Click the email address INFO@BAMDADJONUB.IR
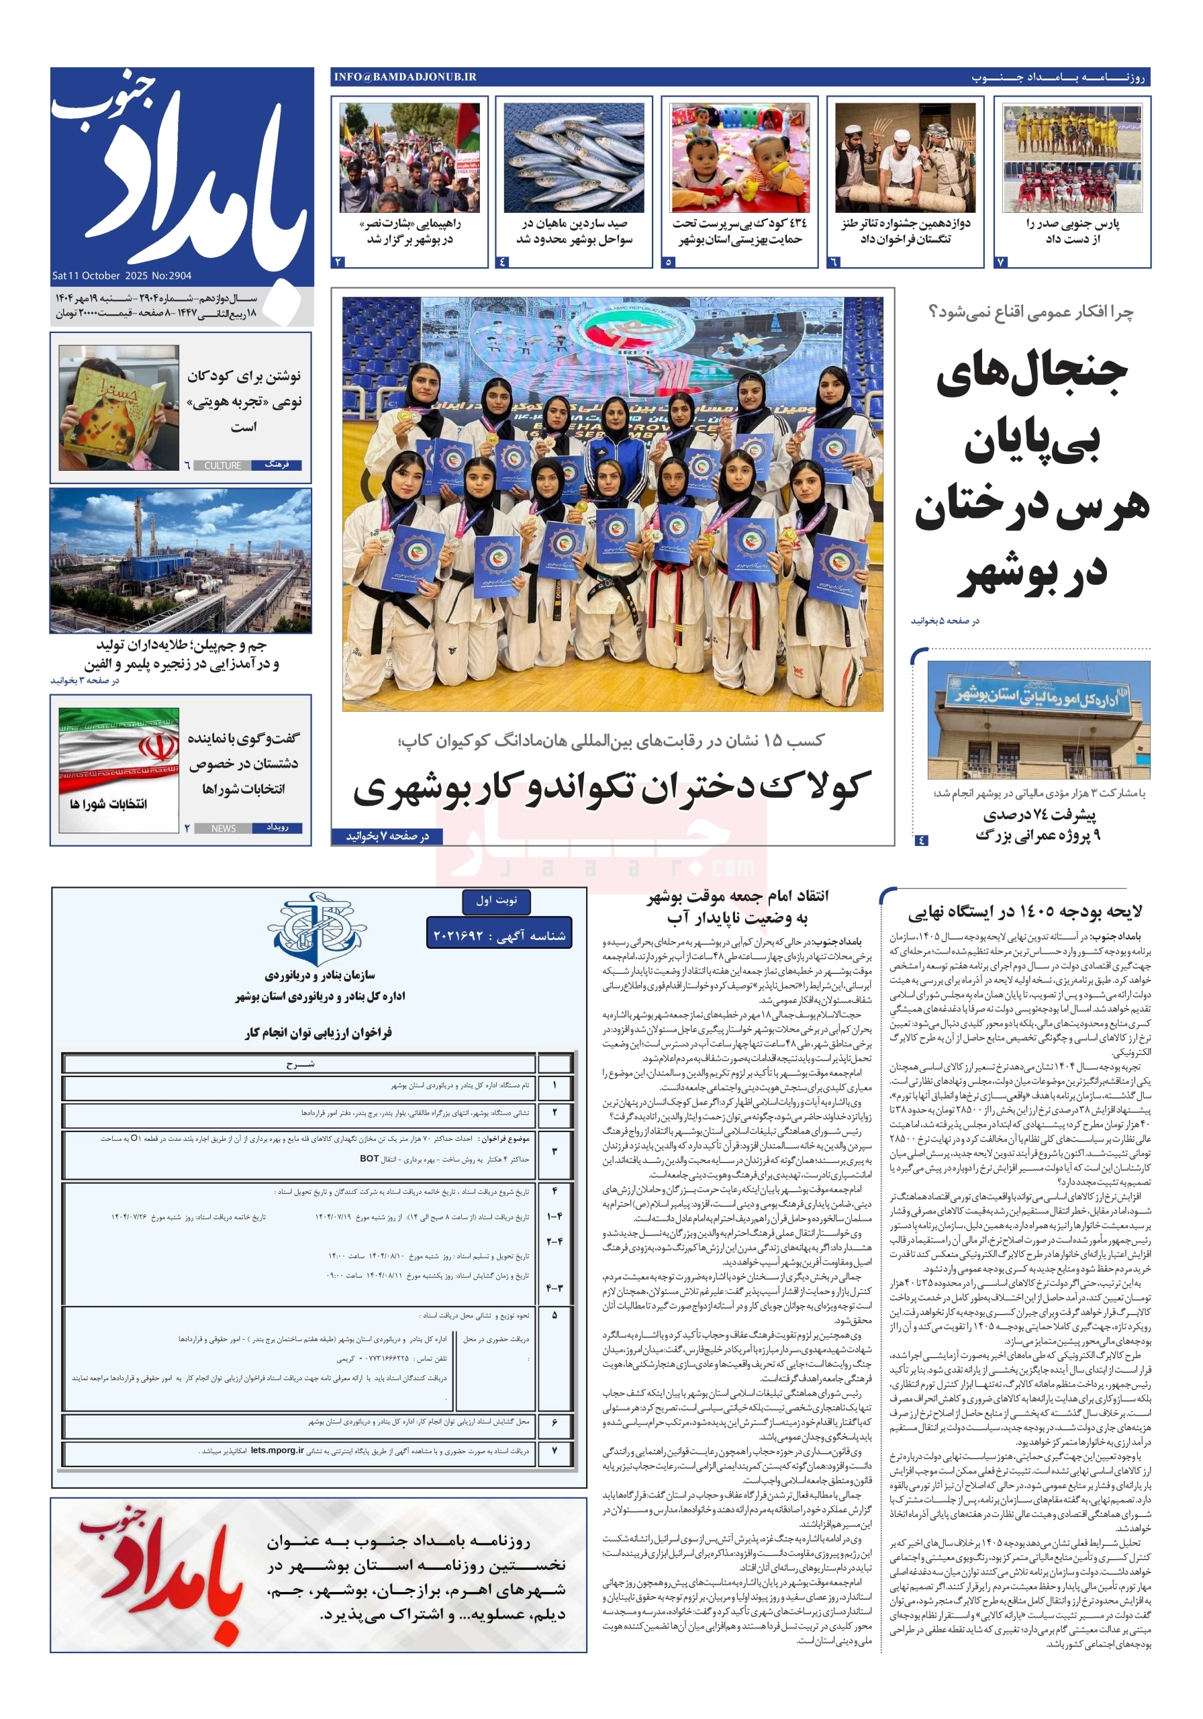click(405, 77)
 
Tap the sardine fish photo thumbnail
click(573, 157)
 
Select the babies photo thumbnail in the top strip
click(740, 157)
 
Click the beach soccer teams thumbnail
click(1072, 157)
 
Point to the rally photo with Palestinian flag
click(409, 157)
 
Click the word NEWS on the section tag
click(223, 828)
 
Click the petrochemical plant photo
click(181, 560)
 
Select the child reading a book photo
click(118, 408)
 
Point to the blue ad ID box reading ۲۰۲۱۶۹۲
click(499, 935)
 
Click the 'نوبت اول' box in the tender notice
click(496, 900)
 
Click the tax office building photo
click(1039, 718)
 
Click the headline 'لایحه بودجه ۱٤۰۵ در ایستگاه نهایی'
click(1025, 911)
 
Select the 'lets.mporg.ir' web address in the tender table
click(277, 1450)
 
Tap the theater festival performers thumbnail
click(905, 157)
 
